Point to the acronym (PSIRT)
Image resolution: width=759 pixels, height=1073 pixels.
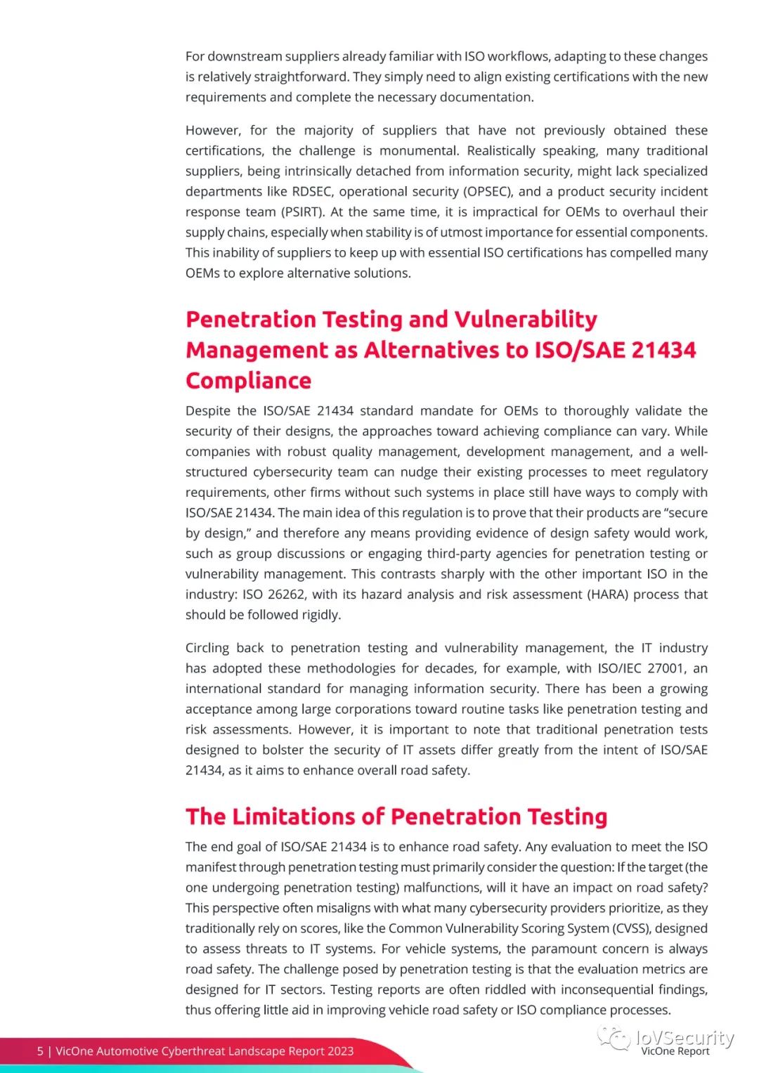pos(303,212)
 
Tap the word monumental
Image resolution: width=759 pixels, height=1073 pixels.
pos(417,150)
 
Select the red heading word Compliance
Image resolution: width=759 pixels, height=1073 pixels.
pos(248,380)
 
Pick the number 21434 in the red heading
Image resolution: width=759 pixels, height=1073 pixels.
pos(663,350)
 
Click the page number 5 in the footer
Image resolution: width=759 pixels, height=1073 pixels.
pos(40,1051)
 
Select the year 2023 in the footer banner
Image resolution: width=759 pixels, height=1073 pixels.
pos(340,1051)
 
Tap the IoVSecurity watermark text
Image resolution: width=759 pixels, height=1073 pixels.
pos(684,1038)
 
